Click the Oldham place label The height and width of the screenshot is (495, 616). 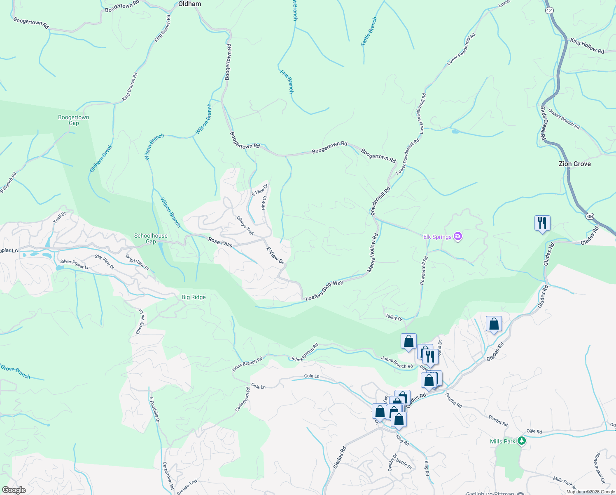tap(189, 4)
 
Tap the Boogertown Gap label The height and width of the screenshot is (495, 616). tap(74, 120)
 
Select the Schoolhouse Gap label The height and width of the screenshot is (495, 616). tap(151, 238)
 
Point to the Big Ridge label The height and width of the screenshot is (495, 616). tap(194, 297)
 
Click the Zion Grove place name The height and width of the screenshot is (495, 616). tap(574, 164)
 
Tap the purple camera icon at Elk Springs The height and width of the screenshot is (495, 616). tap(458, 236)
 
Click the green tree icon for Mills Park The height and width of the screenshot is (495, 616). tap(522, 441)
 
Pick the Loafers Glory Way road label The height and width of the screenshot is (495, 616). tap(324, 290)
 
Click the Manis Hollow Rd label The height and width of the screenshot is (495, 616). tap(373, 253)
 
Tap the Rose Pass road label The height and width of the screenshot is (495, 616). tap(220, 243)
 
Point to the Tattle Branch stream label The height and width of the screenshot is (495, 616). tap(369, 31)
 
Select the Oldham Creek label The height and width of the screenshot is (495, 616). tap(101, 158)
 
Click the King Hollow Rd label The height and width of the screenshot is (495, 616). tap(587, 46)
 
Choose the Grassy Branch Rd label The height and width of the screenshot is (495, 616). tap(564, 119)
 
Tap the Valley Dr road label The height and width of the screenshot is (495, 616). tap(394, 317)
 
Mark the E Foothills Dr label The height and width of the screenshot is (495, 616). tap(154, 410)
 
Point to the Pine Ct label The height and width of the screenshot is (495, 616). tap(264, 203)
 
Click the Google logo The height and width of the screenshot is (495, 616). tap(14, 490)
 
